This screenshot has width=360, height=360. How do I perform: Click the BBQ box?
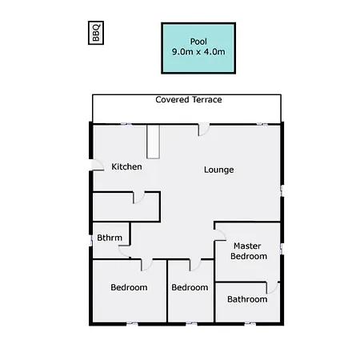(x=96, y=33)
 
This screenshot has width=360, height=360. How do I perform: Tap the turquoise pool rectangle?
(x=198, y=48)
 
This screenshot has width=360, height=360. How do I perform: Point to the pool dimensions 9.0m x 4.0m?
(x=198, y=52)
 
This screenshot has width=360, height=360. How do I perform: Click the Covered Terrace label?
(x=189, y=100)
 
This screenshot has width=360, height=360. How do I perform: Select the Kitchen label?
(x=126, y=166)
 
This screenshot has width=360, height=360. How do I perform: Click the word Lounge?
(x=219, y=170)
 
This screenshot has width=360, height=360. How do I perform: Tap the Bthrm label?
(x=110, y=238)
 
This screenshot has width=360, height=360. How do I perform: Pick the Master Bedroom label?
(x=249, y=251)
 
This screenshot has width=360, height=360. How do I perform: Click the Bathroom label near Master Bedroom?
(x=247, y=299)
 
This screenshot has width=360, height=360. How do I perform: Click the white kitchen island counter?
(x=154, y=142)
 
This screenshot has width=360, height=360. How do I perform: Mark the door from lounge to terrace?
(x=203, y=129)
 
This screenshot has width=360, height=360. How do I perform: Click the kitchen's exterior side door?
(x=98, y=165)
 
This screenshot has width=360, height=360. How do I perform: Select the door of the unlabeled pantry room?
(x=138, y=198)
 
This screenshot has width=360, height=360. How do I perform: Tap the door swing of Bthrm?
(x=124, y=252)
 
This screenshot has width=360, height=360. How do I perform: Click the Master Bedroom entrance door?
(x=220, y=235)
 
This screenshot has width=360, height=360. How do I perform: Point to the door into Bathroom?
(x=273, y=288)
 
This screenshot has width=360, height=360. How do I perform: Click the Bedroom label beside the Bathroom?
(x=190, y=287)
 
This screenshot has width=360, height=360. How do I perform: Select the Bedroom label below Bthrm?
(x=129, y=287)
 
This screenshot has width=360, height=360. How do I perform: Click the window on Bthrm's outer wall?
(x=91, y=241)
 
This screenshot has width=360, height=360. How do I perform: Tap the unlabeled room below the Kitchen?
(x=126, y=207)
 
